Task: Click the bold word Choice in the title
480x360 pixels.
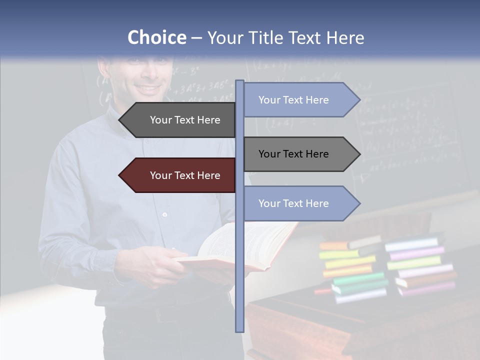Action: click(156, 38)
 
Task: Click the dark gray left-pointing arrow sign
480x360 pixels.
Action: click(180, 120)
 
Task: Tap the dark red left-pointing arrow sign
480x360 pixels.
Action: click(180, 175)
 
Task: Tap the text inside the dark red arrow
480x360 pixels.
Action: click(185, 175)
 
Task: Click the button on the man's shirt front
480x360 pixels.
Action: click(164, 214)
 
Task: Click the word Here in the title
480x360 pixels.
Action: click(345, 38)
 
